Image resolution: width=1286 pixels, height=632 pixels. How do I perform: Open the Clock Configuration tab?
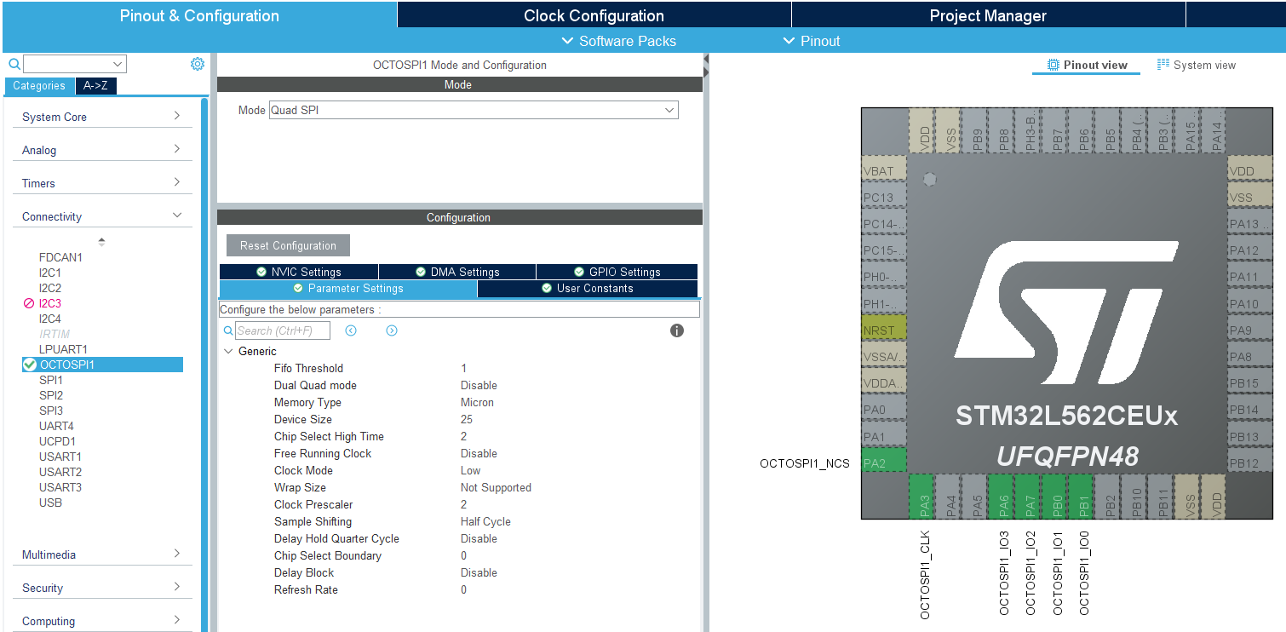click(594, 15)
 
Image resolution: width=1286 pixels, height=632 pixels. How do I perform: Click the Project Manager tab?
click(988, 15)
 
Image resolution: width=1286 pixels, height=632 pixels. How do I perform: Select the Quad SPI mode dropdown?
click(474, 110)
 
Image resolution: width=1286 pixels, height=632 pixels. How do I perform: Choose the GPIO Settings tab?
click(617, 272)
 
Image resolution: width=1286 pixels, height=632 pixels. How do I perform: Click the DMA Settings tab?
click(457, 272)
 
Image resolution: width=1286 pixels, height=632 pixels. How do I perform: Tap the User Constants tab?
click(588, 289)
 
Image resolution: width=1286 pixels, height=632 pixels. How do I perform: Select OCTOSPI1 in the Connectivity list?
click(67, 365)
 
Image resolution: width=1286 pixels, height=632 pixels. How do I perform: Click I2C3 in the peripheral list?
click(50, 303)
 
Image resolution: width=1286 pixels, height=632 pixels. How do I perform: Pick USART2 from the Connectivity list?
click(60, 472)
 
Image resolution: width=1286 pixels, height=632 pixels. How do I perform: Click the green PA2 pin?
click(884, 463)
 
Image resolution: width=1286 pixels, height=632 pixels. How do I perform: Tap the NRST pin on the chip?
click(884, 330)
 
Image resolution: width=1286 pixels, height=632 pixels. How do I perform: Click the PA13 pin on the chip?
click(1249, 224)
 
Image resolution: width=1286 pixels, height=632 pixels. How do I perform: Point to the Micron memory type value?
click(477, 402)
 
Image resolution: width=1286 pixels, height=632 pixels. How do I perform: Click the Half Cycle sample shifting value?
click(485, 521)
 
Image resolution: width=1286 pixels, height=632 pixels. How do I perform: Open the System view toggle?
click(1197, 65)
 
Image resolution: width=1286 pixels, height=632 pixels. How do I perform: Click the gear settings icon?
click(198, 64)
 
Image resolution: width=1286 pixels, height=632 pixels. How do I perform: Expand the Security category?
click(102, 588)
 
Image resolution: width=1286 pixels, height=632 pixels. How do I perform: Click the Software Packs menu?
click(619, 41)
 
